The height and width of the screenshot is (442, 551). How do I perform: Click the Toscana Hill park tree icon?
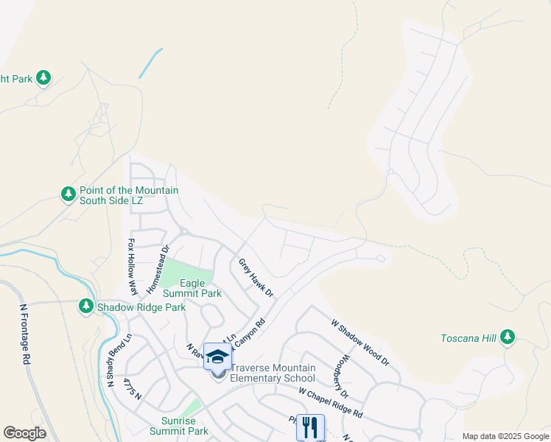point(507,337)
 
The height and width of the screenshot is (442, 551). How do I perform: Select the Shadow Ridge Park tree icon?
point(86,306)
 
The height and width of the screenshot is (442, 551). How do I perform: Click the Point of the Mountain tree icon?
point(69,194)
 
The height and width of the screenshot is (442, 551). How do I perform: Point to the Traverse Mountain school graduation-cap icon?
point(217,357)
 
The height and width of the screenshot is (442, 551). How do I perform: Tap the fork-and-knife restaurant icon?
point(310,427)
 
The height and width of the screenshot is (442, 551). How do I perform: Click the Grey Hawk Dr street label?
point(256,278)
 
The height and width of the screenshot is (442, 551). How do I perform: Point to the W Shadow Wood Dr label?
point(359,342)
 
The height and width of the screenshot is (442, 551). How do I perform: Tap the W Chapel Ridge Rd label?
point(331,402)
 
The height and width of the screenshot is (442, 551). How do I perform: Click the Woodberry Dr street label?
point(344,377)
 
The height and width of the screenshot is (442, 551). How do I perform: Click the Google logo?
point(24,433)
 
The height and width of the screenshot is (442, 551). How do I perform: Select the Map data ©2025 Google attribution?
point(505,436)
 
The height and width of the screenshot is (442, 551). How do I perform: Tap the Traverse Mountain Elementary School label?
point(273,373)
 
